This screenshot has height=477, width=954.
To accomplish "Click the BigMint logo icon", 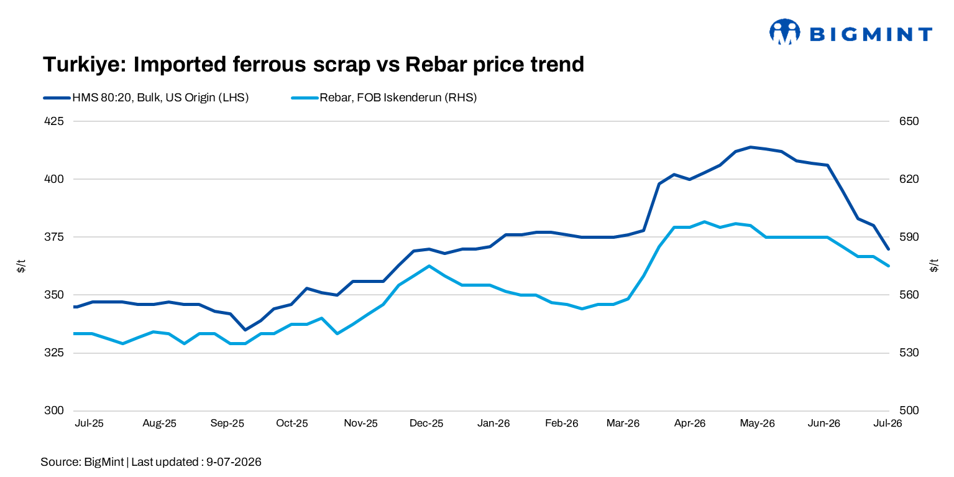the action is point(784,32).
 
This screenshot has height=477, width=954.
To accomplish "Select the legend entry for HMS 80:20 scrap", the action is point(145,98).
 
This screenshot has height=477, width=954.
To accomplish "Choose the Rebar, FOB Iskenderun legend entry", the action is point(383,98).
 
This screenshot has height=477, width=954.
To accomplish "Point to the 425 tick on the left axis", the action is point(54,121).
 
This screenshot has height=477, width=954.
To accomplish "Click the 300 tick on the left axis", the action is point(54,410).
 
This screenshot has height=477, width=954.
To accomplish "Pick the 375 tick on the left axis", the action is point(54,236).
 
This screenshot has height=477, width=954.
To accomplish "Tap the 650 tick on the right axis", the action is point(909,121).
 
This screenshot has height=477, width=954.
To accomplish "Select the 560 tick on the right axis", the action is point(909,295).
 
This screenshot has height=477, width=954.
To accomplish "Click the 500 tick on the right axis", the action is point(909,410).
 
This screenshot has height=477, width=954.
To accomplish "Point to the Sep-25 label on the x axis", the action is point(227,424).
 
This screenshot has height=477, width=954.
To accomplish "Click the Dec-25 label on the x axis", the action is point(426,424).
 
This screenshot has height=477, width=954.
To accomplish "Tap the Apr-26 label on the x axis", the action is point(689,424).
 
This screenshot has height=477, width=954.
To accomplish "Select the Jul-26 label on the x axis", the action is point(887,424).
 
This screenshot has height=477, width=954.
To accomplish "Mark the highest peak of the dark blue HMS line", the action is point(750,147).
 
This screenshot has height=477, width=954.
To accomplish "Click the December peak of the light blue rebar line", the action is point(429,266).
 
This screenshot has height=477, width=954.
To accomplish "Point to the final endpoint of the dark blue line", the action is point(888,249).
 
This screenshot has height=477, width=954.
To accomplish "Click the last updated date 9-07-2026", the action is point(234,462).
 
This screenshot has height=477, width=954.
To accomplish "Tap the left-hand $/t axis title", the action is point(21,266).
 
